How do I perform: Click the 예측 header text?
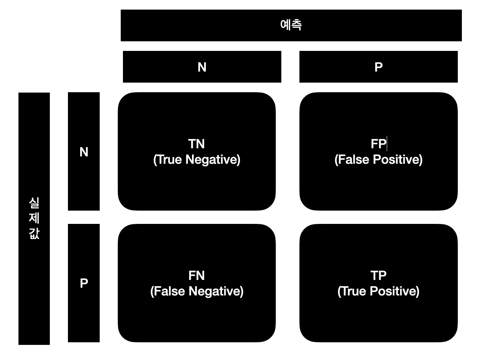291,25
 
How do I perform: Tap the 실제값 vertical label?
34,218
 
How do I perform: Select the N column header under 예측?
202,67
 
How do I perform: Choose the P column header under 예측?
378,67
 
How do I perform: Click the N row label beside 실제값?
84,152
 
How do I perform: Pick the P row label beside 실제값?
84,283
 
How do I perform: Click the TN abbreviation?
196,144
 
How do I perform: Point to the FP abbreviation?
378,144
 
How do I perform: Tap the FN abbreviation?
196,276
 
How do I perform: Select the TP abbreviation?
378,276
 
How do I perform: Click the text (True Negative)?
197,160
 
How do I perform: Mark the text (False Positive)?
378,160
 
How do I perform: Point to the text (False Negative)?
197,291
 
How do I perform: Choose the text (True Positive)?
378,291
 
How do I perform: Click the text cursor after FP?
387,143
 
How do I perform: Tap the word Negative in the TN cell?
212,160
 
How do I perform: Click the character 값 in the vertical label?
34,233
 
